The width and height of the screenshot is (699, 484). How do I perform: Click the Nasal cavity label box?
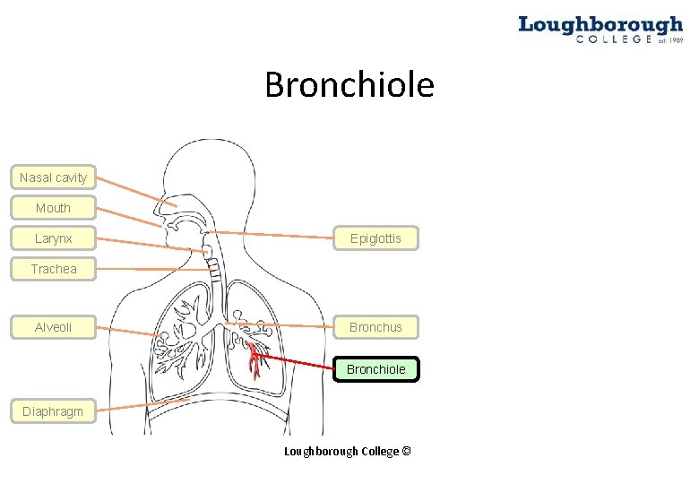click(53, 177)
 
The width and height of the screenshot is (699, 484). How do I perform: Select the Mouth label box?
click(53, 208)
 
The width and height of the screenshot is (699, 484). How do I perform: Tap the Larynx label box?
click(53, 238)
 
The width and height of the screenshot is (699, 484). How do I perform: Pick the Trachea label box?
click(53, 269)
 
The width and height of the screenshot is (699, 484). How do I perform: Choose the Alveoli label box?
click(53, 327)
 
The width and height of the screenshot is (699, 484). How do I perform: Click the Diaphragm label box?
click(53, 411)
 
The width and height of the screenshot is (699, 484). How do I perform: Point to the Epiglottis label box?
click(375, 238)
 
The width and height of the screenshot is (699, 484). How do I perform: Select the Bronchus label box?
click(375, 327)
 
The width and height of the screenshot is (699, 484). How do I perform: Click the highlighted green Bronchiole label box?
click(375, 369)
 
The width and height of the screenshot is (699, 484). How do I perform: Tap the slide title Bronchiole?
click(349, 85)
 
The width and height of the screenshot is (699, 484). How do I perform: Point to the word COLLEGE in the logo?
click(614, 39)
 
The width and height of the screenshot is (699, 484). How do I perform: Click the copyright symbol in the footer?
click(407, 451)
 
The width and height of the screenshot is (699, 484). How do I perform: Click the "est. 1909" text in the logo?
click(669, 40)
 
